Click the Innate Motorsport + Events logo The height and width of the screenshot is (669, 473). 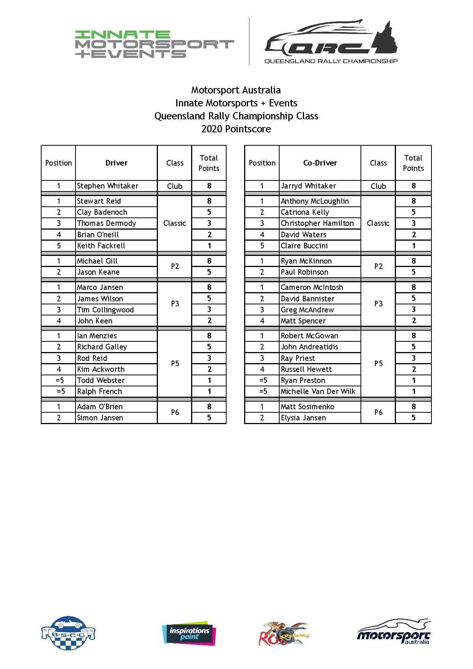154,44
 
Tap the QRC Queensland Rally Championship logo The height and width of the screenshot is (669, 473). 331,42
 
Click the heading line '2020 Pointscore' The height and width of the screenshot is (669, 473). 236,129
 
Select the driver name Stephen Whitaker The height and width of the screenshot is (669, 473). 108,186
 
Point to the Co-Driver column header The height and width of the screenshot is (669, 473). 320,163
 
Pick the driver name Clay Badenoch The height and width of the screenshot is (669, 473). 102,212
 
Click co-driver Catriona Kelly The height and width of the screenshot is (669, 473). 305,212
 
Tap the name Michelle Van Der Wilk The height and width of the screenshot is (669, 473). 318,391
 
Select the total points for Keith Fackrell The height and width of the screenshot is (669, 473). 209,246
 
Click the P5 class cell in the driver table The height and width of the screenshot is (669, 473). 175,363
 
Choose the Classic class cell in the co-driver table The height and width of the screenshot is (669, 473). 378,223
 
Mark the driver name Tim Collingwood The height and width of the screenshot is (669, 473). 105,310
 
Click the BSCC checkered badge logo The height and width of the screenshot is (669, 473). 68,634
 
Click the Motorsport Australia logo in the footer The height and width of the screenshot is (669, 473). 394,632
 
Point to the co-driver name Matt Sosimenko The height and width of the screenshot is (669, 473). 307,407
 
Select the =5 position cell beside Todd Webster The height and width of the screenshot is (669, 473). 59,380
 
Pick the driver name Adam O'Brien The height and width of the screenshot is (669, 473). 100,407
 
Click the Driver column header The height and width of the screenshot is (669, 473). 116,163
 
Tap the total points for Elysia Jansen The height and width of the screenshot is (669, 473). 413,418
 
